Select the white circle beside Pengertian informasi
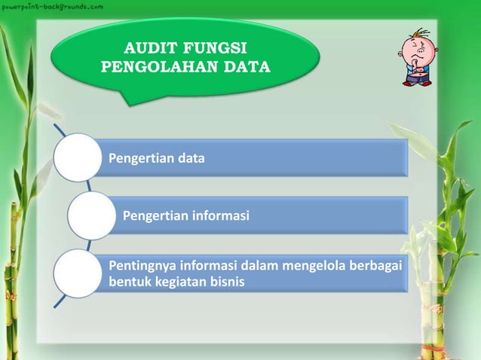pyautogui.click(x=91, y=216)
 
